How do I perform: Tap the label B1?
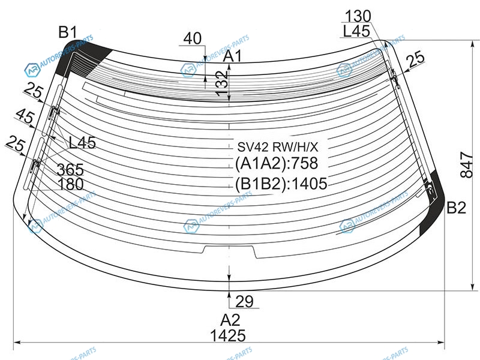pos(67,32)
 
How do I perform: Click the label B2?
pos(456,208)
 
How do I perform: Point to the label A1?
pos(232,58)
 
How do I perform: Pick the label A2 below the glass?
pos(230,319)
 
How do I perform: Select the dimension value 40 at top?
pos(192,39)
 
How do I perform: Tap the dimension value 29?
pos(245,301)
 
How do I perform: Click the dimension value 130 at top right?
pos(358,16)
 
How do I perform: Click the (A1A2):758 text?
pos(276,163)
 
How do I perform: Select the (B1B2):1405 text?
pos(281,184)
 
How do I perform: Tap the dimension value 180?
pos(71,185)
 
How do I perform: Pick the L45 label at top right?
pos(356,32)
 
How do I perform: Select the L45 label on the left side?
pos(82,143)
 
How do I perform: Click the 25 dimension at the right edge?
pos(415,59)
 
